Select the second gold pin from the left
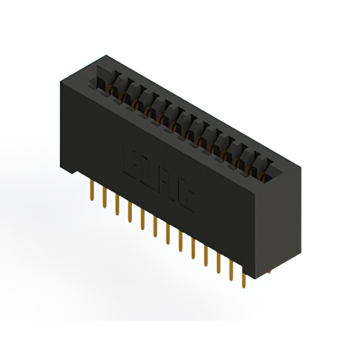tap(104, 199)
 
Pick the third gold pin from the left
tap(116, 206)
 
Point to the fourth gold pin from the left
tap(129, 213)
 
